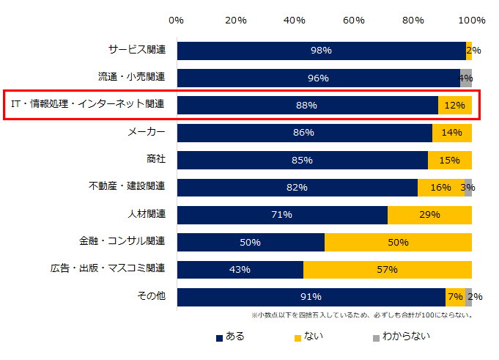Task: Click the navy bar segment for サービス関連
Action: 321,51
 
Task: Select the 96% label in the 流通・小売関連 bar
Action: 318,78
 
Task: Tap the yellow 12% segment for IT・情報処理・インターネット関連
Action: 454,106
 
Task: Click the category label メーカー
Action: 146,132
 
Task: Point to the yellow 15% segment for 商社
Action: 449,160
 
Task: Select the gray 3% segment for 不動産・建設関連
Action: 467,188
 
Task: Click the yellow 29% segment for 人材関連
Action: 429,215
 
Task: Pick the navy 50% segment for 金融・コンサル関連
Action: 251,242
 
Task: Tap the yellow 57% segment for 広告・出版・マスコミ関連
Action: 387,270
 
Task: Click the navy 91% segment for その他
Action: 311,297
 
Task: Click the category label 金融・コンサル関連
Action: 122,241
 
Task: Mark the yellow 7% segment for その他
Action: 455,297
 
